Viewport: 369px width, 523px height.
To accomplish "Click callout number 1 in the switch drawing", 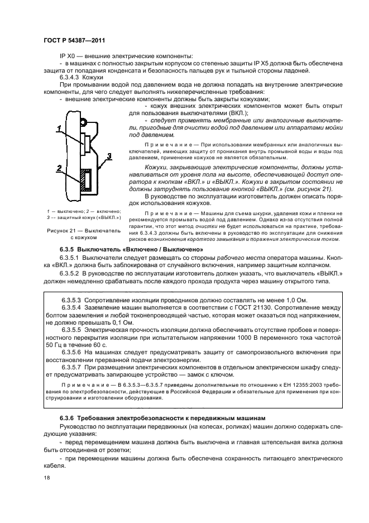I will pos(59,127).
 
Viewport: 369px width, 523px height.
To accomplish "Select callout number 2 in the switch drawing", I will pos(57,167).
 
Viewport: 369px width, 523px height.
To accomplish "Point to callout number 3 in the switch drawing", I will pos(110,155).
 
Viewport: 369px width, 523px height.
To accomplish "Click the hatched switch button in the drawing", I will pos(85,179).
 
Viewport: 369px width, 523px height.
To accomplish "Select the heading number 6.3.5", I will pos(69,249).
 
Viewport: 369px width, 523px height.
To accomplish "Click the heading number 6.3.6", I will pos(69,418).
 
